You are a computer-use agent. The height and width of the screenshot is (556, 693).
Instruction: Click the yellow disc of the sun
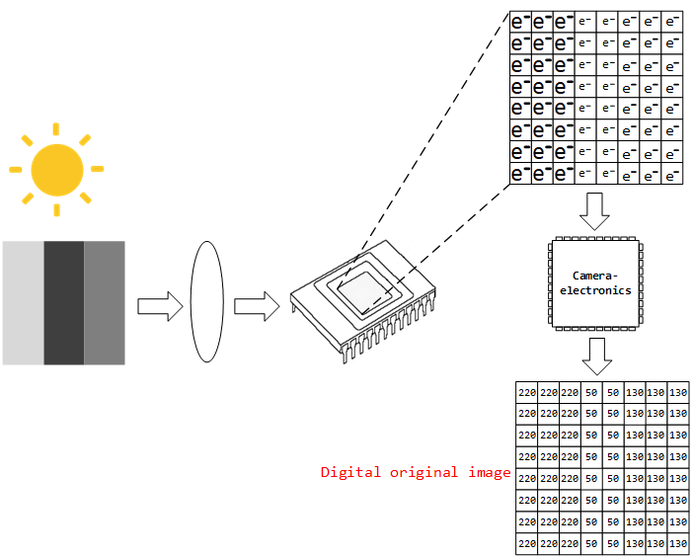tap(56, 170)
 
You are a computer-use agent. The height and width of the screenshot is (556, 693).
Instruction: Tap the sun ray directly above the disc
tap(56, 129)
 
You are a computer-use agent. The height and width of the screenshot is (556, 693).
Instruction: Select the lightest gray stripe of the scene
tap(23, 302)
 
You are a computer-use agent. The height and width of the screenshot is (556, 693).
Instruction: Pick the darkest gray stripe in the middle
tap(63, 302)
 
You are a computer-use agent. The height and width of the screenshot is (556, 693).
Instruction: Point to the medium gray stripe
tap(105, 302)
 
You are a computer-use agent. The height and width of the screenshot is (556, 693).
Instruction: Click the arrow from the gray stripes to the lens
tap(160, 306)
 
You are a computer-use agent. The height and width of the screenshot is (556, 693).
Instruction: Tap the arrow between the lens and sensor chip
tap(257, 306)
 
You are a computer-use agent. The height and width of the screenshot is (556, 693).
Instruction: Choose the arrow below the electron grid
tap(595, 209)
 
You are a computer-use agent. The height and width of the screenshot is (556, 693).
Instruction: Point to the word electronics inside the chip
tap(595, 289)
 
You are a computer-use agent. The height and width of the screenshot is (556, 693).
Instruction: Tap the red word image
tap(488, 473)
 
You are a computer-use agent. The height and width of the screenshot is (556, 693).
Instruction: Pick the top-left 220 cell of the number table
tap(526, 392)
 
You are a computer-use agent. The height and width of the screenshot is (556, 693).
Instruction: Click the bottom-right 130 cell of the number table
tap(678, 543)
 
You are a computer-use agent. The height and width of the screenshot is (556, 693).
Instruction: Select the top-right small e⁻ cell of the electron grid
tap(672, 22)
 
